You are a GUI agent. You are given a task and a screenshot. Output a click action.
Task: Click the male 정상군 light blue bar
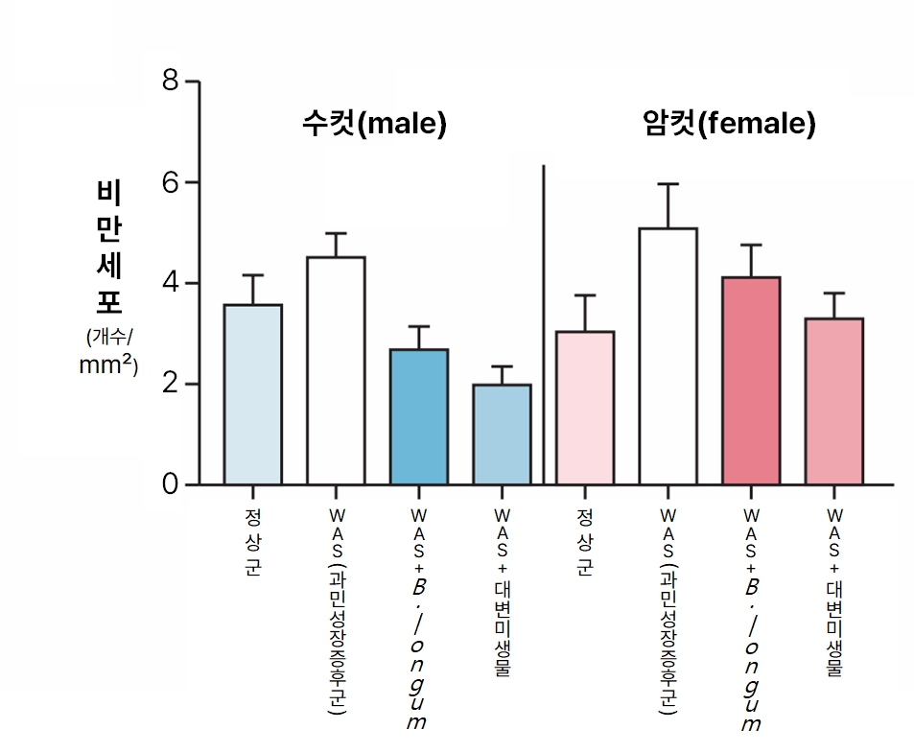(x=252, y=394)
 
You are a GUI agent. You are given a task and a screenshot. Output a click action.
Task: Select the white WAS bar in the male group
(x=336, y=370)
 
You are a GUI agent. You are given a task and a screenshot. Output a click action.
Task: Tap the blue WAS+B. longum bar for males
(x=418, y=416)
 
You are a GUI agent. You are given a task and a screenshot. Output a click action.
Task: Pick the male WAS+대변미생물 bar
(x=502, y=434)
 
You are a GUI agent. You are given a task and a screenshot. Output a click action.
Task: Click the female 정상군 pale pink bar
(x=585, y=408)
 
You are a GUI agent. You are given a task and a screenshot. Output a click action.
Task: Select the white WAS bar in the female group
(x=668, y=356)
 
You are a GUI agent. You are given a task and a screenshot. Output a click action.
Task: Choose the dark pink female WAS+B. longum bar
(x=751, y=380)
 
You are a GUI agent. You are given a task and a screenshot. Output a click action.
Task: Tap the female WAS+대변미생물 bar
(x=834, y=401)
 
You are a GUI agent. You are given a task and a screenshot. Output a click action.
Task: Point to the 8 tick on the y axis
(x=171, y=81)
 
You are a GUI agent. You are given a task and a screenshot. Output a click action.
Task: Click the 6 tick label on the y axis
(x=171, y=182)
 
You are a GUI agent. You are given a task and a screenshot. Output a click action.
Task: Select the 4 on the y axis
(x=171, y=283)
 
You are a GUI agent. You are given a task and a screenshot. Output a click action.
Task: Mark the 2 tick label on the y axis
(x=171, y=384)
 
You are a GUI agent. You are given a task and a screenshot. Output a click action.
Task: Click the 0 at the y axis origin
(x=171, y=484)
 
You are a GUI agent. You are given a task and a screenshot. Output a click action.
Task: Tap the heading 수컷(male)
(x=374, y=124)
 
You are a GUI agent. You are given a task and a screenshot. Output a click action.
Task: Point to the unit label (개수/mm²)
(x=108, y=350)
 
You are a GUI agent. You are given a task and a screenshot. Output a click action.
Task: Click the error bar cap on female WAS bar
(x=668, y=184)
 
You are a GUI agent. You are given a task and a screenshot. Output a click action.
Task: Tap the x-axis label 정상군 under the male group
(x=252, y=543)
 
